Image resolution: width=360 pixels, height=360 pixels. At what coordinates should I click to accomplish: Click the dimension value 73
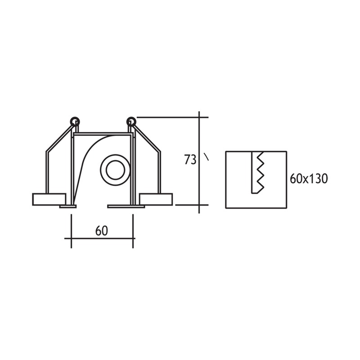pyautogui.click(x=190, y=160)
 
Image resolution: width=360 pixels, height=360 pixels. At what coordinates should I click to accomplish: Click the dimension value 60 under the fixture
pyautogui.click(x=102, y=231)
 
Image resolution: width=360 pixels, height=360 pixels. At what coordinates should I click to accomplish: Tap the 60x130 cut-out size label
pyautogui.click(x=309, y=179)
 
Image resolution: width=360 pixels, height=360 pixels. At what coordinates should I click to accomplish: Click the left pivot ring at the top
pyautogui.click(x=75, y=121)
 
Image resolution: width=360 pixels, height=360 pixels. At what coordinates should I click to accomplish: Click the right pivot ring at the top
pyautogui.click(x=131, y=121)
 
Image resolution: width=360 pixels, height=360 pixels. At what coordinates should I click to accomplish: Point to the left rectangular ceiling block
pyautogui.click(x=49, y=199)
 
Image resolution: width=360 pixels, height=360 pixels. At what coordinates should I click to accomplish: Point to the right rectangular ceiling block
pyautogui.click(x=156, y=199)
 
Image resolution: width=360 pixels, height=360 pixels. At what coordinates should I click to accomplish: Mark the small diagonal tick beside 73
pyautogui.click(x=207, y=157)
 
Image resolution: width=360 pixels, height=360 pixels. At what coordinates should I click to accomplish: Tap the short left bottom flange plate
pyautogui.click(x=68, y=207)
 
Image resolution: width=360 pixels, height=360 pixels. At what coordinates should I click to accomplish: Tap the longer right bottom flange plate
pyautogui.click(x=126, y=207)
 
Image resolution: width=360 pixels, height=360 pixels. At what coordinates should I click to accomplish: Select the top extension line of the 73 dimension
pyautogui.click(x=171, y=117)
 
